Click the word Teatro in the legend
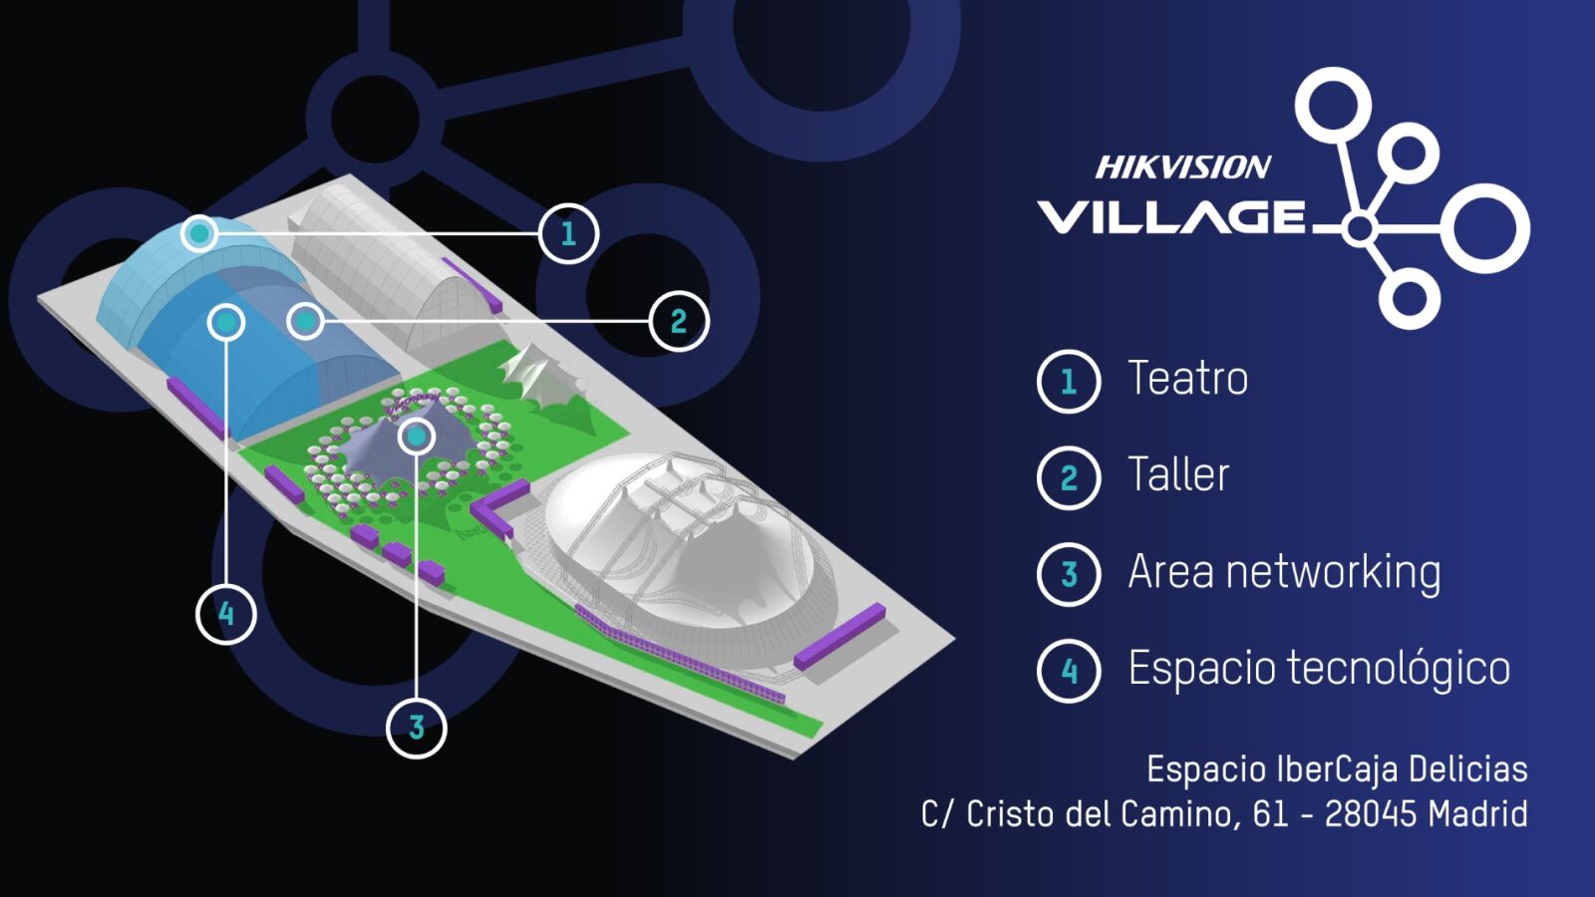point(1187,378)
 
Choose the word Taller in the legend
point(1178,474)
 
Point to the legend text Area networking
point(1285,572)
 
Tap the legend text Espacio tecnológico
point(1320,668)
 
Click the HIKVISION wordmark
point(1182,167)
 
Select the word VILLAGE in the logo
point(1170,216)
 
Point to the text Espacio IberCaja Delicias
point(1337,769)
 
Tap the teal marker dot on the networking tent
point(417,436)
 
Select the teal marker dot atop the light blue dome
point(199,233)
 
